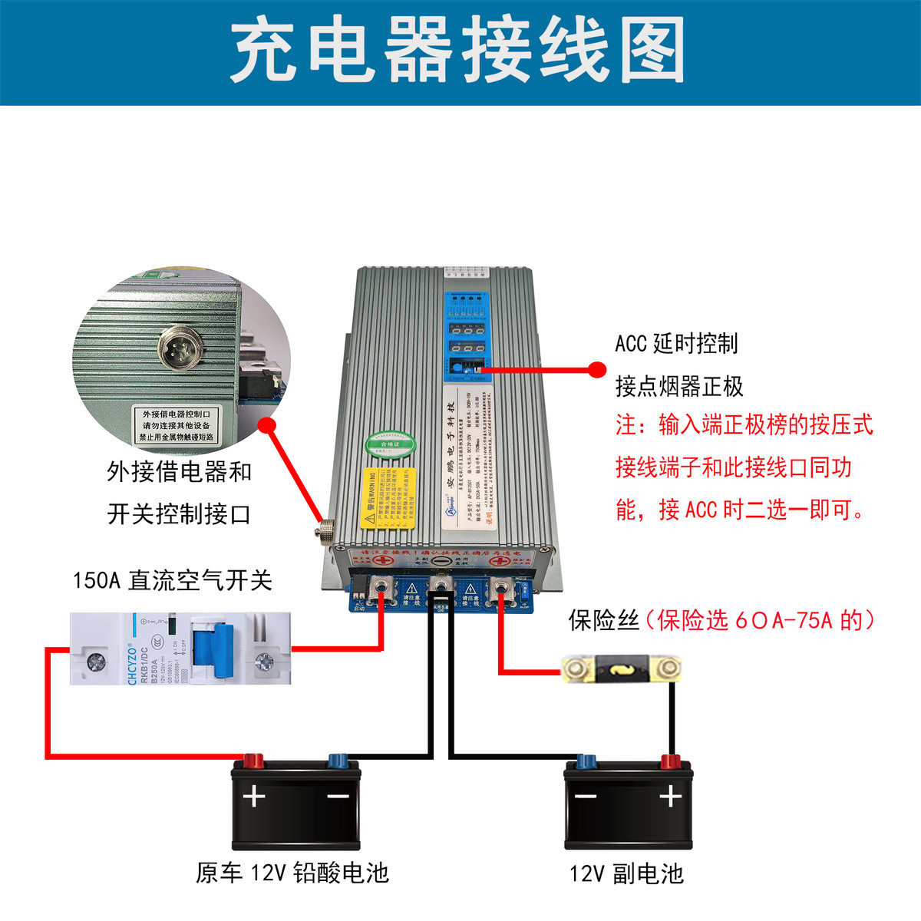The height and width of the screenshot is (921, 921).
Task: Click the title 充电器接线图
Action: pyautogui.click(x=458, y=51)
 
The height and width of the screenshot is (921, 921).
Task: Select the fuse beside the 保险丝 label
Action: pyautogui.click(x=622, y=669)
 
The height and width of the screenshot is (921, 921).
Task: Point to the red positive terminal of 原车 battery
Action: pyautogui.click(x=253, y=761)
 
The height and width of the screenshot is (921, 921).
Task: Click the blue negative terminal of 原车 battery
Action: pyautogui.click(x=338, y=761)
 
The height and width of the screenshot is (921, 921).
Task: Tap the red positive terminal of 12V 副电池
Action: pyautogui.click(x=670, y=762)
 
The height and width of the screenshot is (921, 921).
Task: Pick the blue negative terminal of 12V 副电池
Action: pyautogui.click(x=586, y=762)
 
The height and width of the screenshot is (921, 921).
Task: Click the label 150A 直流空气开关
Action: pyautogui.click(x=173, y=580)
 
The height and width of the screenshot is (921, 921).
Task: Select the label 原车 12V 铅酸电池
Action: pyautogui.click(x=292, y=873)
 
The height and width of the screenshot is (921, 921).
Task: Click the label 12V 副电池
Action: pyautogui.click(x=626, y=873)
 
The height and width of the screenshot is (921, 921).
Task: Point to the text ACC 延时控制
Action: pyautogui.click(x=676, y=343)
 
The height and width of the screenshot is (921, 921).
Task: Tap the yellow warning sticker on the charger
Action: pyautogui.click(x=389, y=498)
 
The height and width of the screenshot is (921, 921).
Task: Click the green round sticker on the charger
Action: pyautogui.click(x=390, y=444)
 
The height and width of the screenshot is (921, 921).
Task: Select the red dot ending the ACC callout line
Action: pyautogui.click(x=597, y=370)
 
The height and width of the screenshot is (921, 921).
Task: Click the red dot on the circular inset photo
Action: pyautogui.click(x=267, y=424)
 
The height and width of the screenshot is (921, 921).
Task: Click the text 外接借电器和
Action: pyautogui.click(x=180, y=471)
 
